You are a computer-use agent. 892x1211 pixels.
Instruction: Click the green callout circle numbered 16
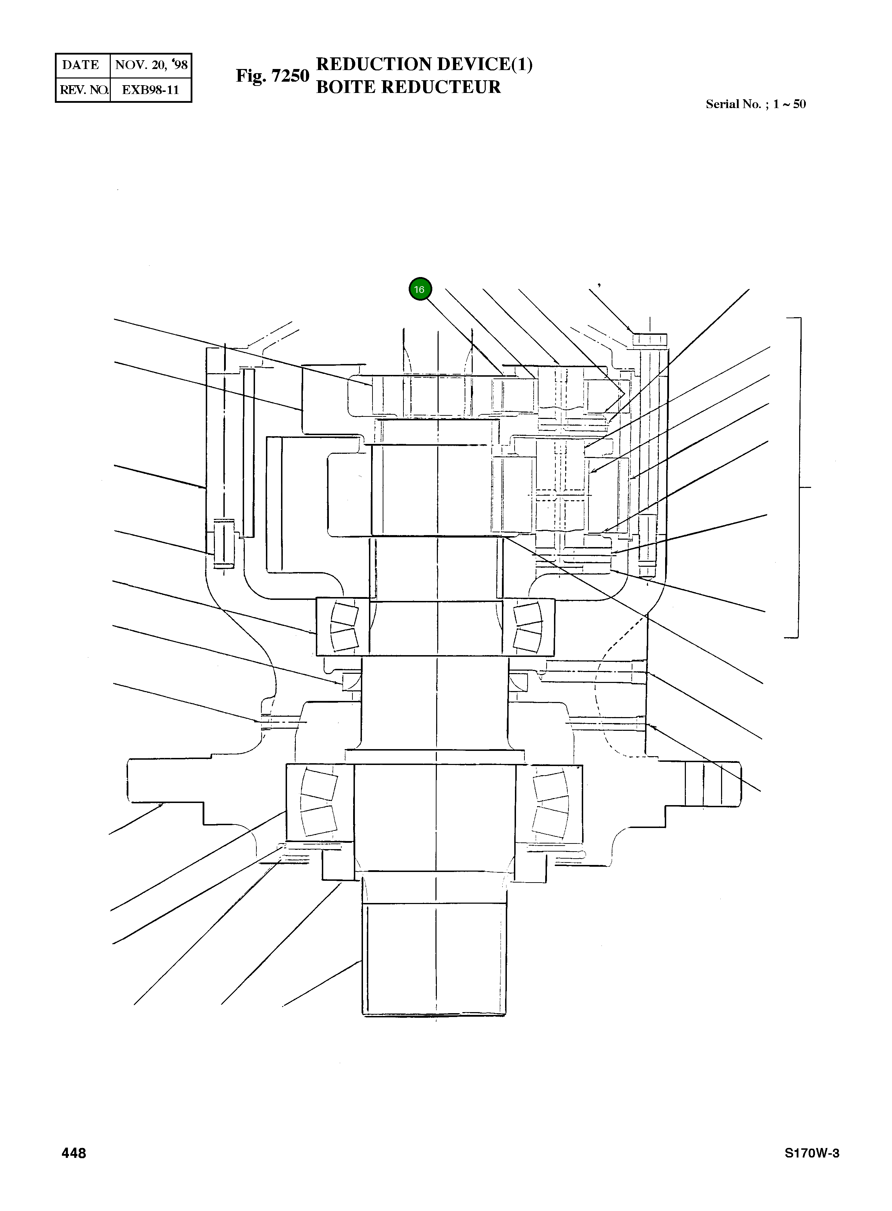(420, 289)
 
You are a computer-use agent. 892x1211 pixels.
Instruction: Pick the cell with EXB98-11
(151, 90)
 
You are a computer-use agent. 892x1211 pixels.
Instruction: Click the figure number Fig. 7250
(273, 76)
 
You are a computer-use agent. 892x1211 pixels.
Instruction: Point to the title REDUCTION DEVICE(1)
(425, 64)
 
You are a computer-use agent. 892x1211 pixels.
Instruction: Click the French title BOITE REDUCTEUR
(409, 87)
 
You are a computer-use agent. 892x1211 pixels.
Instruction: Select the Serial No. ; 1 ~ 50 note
(756, 104)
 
